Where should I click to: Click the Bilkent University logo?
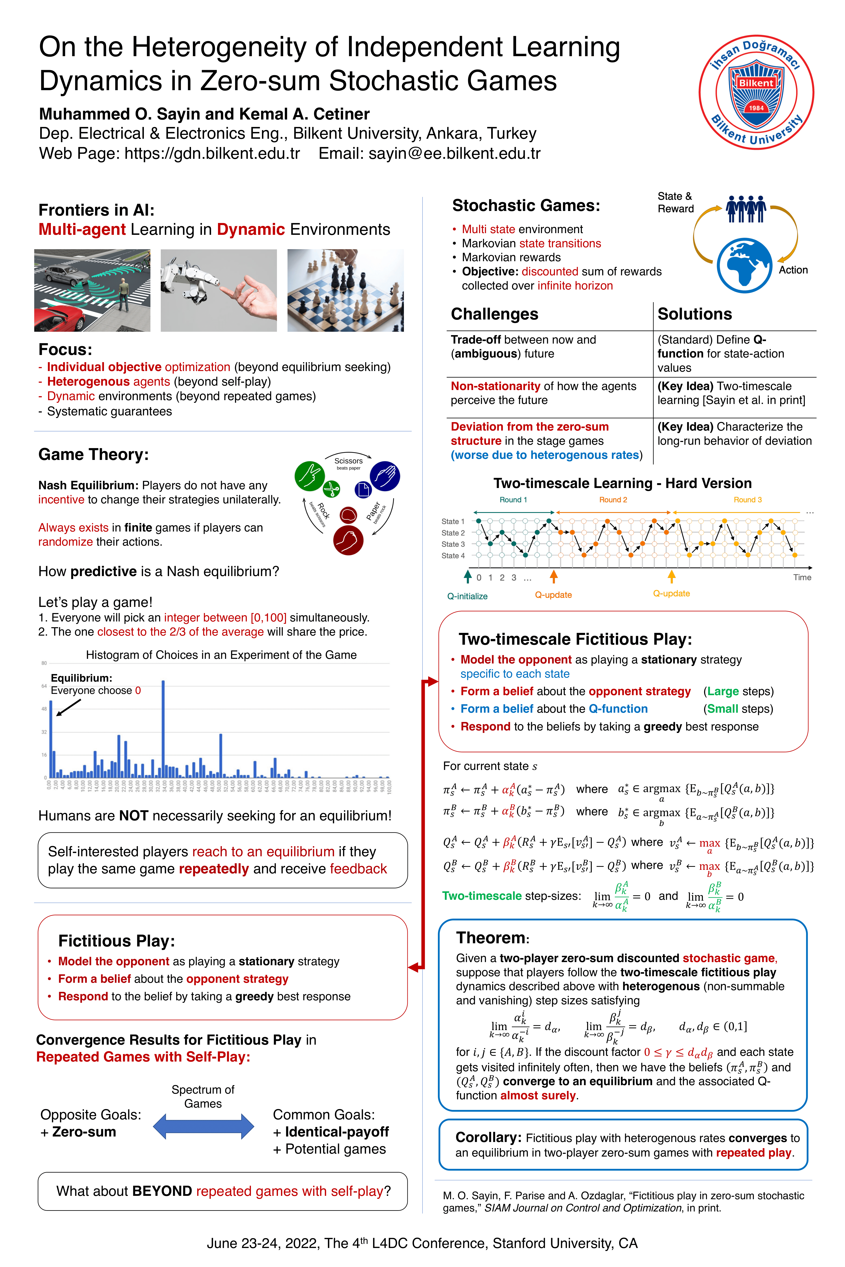[x=756, y=93]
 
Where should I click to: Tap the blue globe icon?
[x=744, y=266]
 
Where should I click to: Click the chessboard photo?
[x=345, y=290]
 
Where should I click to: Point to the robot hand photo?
[x=219, y=290]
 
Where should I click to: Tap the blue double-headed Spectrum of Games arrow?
[x=203, y=1126]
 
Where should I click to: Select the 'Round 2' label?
[x=613, y=500]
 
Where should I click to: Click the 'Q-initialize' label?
[x=467, y=596]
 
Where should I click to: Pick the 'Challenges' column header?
[x=494, y=314]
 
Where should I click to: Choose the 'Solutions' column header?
[x=695, y=314]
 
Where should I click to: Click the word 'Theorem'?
[x=491, y=938]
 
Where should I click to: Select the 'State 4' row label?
[x=453, y=555]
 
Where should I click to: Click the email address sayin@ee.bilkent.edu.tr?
[x=454, y=154]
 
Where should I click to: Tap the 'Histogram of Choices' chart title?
[x=221, y=655]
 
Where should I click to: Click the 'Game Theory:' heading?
[x=93, y=455]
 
